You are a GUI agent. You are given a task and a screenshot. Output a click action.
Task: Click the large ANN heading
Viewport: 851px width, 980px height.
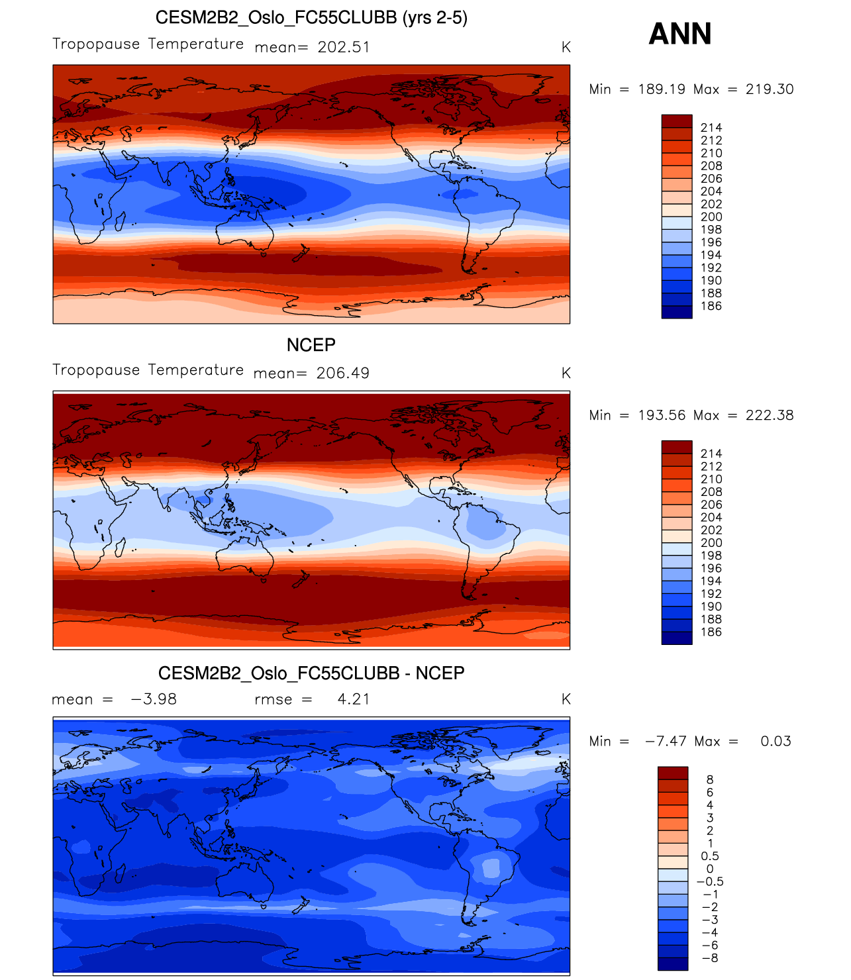[x=679, y=34]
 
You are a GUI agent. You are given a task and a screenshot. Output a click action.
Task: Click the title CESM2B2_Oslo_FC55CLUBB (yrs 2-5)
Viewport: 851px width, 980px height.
[x=311, y=17]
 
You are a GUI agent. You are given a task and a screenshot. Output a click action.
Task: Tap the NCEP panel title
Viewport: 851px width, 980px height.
[x=311, y=345]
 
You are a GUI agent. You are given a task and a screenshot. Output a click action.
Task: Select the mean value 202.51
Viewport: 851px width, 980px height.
[x=343, y=48]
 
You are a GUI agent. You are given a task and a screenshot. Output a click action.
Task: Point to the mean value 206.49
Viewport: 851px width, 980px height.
[x=342, y=373]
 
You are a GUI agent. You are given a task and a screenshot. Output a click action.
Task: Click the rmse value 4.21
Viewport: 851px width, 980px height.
[x=354, y=699]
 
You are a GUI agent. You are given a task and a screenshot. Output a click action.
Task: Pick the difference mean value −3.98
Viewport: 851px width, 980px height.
[x=154, y=699]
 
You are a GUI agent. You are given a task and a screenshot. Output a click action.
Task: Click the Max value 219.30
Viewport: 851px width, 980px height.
[x=769, y=89]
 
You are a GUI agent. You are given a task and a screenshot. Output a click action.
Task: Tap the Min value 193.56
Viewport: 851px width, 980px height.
[x=661, y=415]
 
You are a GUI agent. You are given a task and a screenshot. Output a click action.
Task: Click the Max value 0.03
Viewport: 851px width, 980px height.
[x=776, y=741]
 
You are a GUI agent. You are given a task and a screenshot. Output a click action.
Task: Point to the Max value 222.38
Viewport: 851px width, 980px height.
[x=769, y=415]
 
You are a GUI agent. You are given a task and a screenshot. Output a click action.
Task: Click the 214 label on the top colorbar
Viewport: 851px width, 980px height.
[x=711, y=128]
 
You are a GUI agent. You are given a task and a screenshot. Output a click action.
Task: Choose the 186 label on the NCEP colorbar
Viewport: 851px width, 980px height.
[x=711, y=632]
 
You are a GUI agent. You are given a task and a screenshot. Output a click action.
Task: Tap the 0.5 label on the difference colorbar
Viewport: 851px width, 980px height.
[x=710, y=856]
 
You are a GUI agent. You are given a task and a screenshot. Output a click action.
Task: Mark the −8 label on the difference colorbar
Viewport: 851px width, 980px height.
[x=709, y=958]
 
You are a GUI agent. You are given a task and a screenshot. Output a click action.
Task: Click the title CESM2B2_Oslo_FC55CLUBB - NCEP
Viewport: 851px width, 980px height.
[x=311, y=673]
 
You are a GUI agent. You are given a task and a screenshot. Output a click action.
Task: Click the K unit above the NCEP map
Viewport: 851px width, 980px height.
[x=566, y=373]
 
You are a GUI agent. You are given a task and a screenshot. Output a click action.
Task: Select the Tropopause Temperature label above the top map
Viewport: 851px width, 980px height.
[x=148, y=44]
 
